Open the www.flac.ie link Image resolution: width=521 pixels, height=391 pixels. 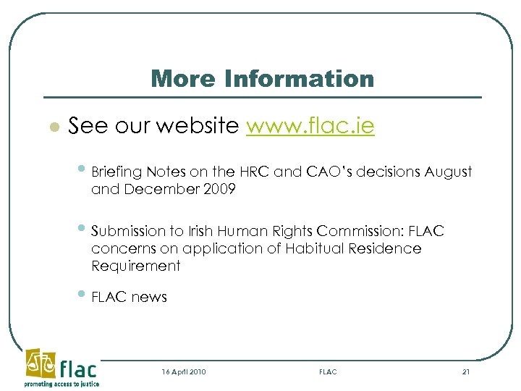tap(310, 127)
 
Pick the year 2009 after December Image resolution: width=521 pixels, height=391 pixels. tap(220, 190)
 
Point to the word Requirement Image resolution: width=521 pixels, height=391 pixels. tap(136, 266)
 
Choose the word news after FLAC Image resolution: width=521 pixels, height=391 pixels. tap(149, 297)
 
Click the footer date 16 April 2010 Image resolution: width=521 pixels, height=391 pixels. tap(184, 371)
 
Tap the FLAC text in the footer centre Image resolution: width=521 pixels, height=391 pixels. tap(328, 371)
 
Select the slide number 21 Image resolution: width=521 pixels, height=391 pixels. tap(465, 371)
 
